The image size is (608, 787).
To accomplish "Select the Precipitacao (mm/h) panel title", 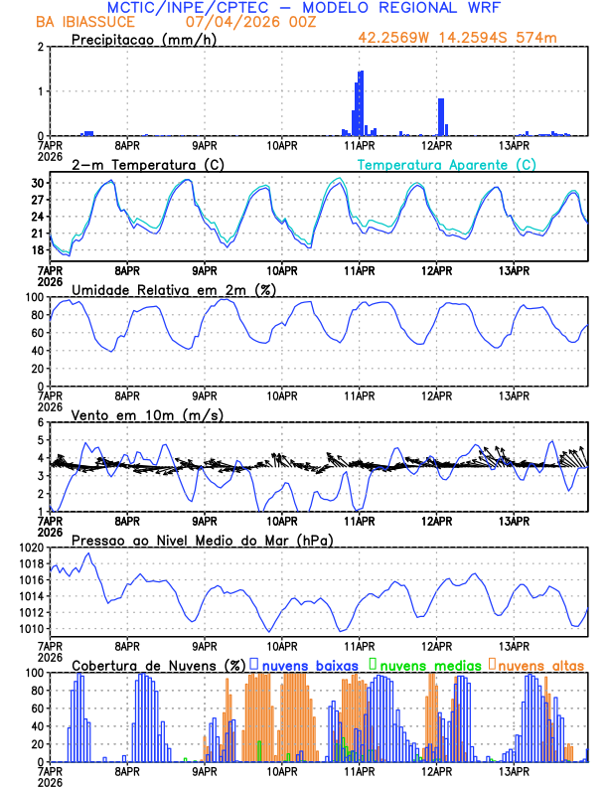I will [x=144, y=40].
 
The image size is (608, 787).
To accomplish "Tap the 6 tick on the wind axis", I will [x=42, y=423].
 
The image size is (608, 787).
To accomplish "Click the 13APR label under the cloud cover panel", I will [x=515, y=772].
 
